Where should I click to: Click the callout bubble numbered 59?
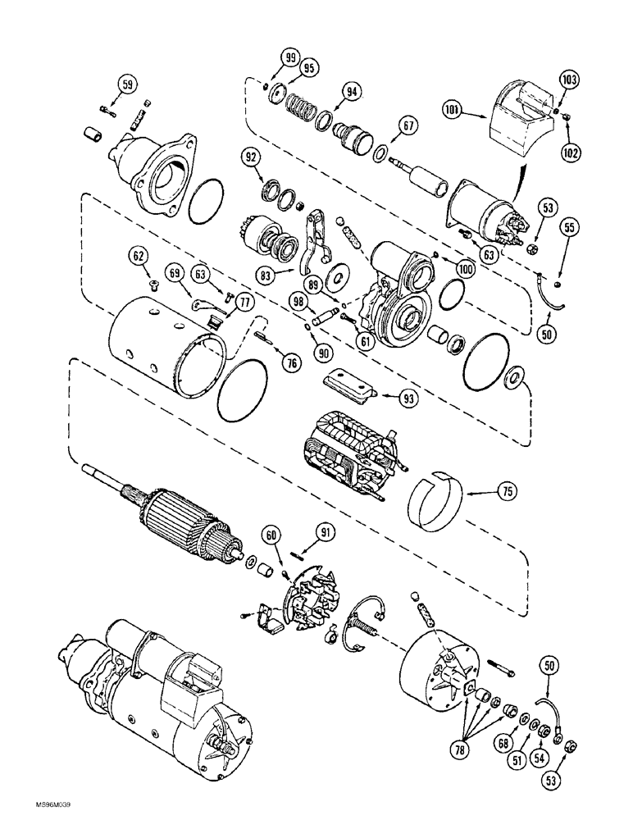coord(126,83)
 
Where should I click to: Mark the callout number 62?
coord(138,257)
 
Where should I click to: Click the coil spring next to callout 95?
coord(303,107)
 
